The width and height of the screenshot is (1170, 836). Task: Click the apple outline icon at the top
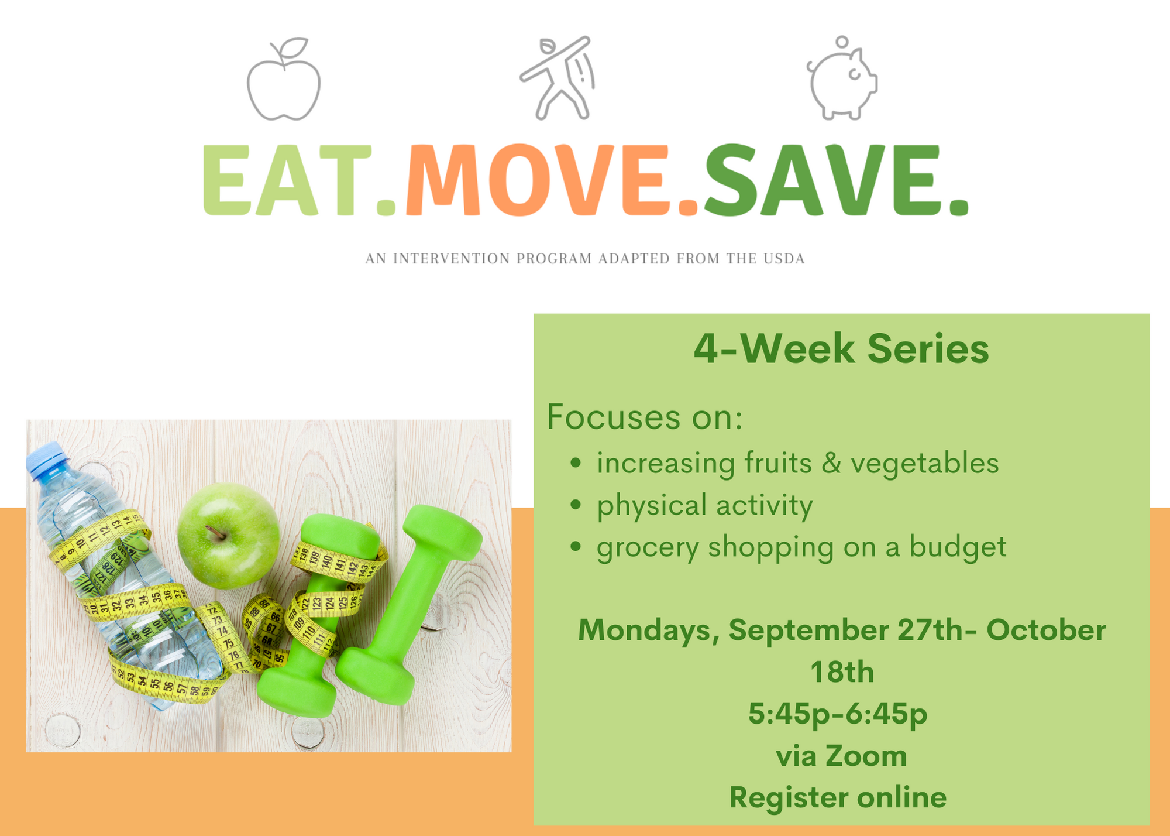(x=284, y=80)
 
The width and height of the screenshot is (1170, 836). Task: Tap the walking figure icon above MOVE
(x=558, y=78)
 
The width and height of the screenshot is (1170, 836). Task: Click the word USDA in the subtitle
(x=784, y=259)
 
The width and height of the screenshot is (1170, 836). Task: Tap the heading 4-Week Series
(x=841, y=349)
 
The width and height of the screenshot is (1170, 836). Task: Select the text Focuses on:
(x=645, y=417)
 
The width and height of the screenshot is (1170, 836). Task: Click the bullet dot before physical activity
(x=576, y=505)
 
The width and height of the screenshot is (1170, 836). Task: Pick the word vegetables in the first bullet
(x=924, y=464)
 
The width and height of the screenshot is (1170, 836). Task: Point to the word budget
(x=958, y=548)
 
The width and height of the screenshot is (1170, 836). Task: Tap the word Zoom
(x=866, y=756)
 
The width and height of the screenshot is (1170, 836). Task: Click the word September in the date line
(x=808, y=631)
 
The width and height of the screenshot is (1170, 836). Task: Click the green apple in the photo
(x=228, y=535)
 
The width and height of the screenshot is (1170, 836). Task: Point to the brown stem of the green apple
(x=215, y=532)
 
